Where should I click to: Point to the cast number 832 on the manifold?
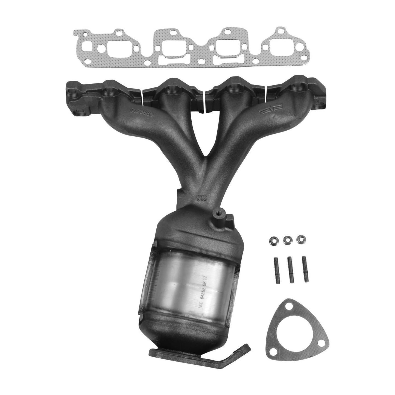coord(201,198)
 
